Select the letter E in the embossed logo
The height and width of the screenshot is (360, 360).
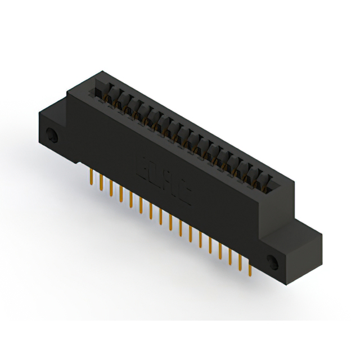click(x=143, y=165)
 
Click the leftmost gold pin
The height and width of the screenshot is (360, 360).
click(x=91, y=177)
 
